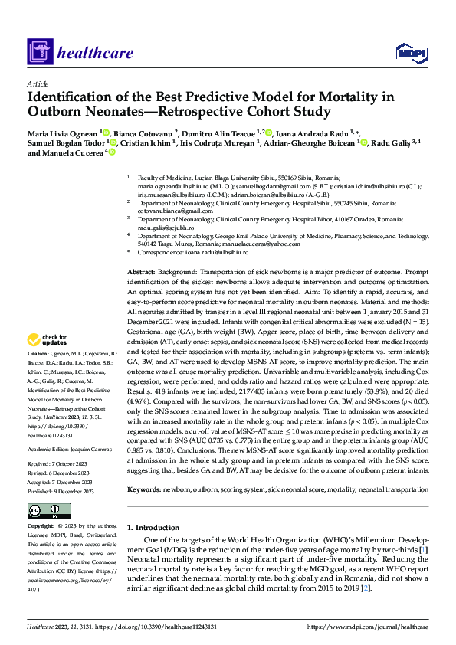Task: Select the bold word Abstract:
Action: (x=141, y=273)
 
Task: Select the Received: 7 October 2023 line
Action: (x=61, y=442)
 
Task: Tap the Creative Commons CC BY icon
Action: (x=50, y=511)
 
